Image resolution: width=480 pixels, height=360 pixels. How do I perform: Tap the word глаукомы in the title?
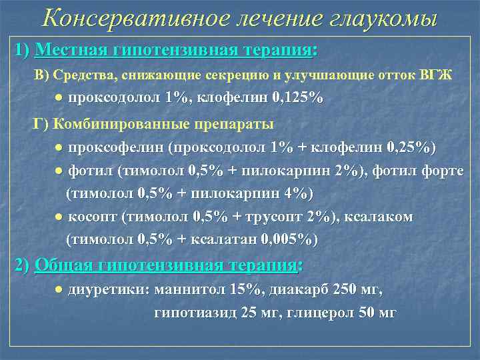(x=381, y=17)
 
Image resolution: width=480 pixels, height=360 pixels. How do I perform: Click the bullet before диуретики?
(x=59, y=290)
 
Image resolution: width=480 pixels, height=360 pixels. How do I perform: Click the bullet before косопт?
(x=59, y=217)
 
